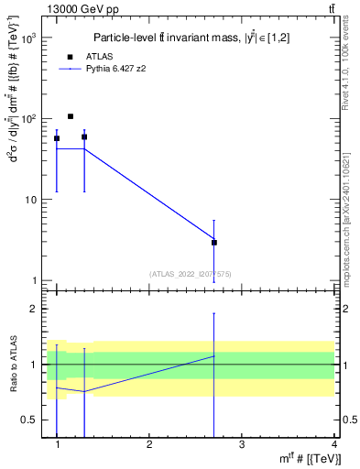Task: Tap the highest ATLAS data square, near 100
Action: (x=71, y=116)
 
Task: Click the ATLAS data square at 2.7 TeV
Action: (x=213, y=243)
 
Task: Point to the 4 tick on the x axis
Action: (x=334, y=444)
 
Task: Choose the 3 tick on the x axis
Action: (x=241, y=444)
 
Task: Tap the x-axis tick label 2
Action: (x=149, y=444)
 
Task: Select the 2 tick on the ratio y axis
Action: (x=33, y=309)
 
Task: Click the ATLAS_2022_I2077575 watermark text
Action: (x=190, y=273)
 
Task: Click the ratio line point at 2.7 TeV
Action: (x=213, y=355)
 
